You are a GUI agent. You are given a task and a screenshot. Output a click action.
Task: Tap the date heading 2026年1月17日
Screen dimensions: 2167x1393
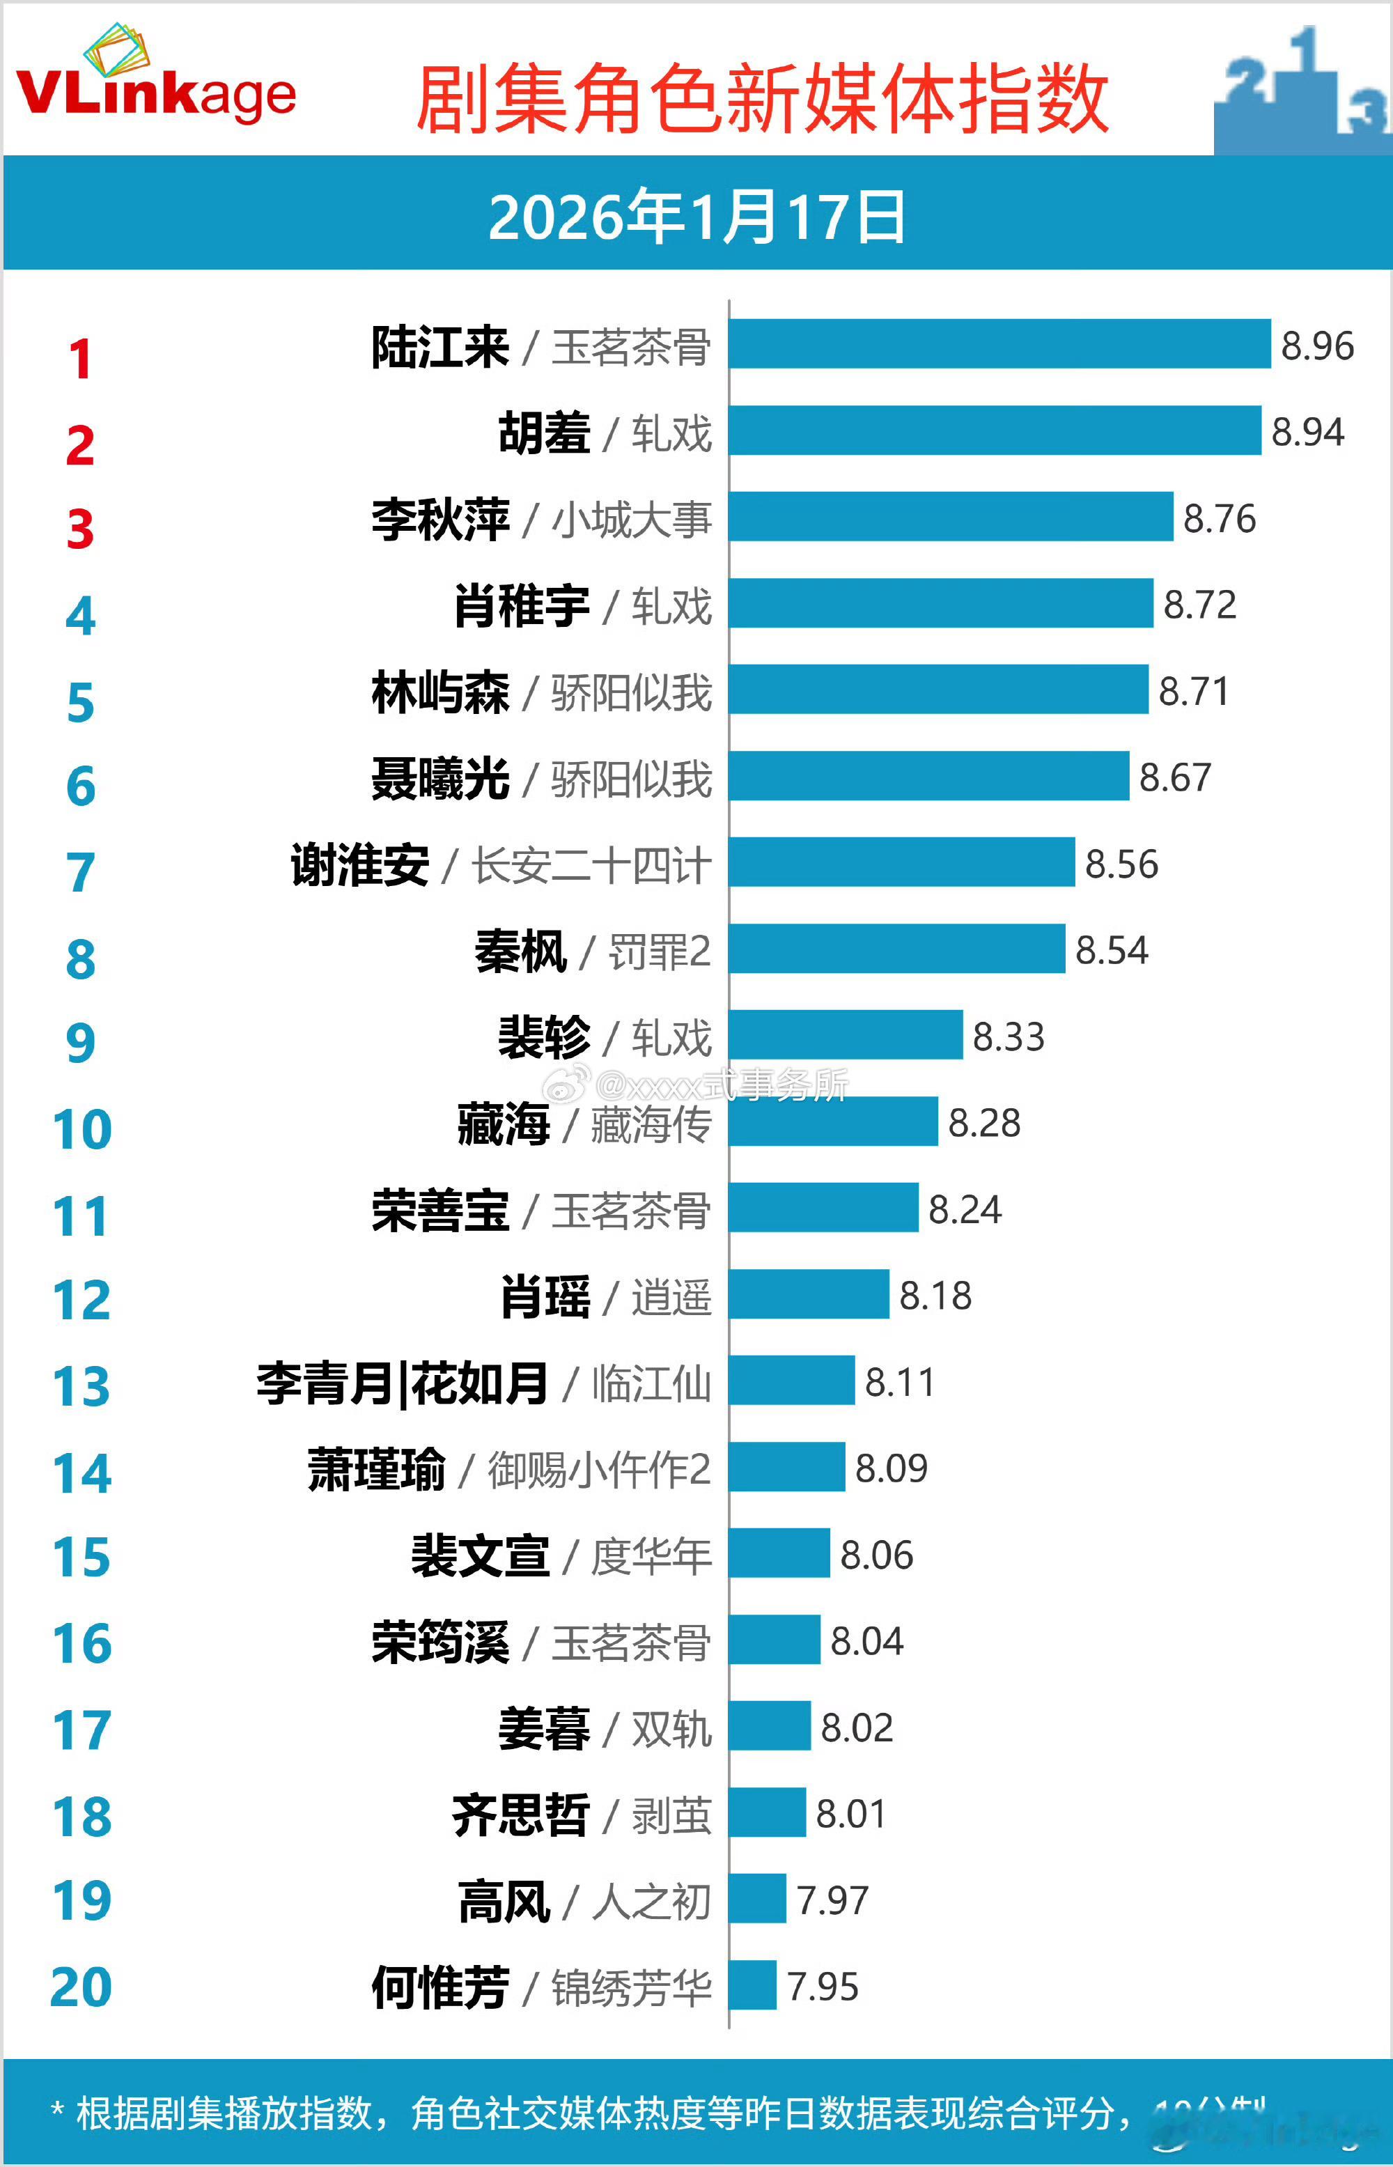(x=696, y=217)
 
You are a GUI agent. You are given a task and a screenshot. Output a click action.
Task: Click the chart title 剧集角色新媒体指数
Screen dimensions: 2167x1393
(x=762, y=100)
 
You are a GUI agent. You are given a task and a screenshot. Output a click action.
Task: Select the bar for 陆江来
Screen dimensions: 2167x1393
(x=999, y=343)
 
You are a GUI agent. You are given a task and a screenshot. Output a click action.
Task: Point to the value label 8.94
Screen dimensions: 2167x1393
(x=1307, y=433)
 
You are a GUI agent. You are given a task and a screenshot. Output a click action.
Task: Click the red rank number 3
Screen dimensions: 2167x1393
(x=81, y=530)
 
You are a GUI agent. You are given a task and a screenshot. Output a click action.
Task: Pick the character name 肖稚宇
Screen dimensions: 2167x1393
(x=522, y=606)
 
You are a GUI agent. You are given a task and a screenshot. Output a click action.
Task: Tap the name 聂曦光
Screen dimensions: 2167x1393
(x=440, y=779)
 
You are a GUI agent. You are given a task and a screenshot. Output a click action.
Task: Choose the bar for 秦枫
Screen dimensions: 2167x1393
(x=896, y=949)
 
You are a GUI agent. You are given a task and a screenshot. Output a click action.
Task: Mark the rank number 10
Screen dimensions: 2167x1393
(x=81, y=1130)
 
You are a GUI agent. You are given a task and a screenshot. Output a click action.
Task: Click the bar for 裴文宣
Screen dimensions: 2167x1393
(x=779, y=1553)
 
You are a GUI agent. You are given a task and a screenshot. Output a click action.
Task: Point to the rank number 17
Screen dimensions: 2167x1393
(x=81, y=1730)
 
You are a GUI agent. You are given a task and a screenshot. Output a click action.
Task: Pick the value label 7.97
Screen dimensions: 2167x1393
(x=832, y=1900)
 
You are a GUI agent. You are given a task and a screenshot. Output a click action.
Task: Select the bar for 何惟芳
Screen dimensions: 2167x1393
(x=753, y=1985)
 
